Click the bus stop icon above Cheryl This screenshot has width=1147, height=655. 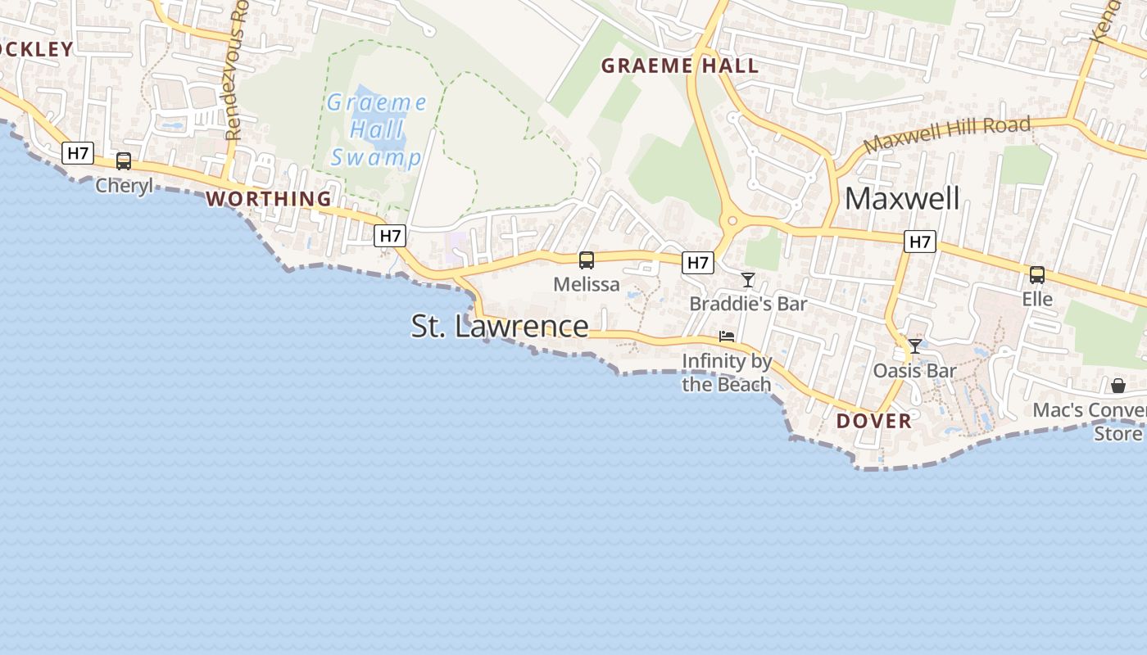tap(124, 161)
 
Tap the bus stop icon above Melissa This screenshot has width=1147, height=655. tap(587, 260)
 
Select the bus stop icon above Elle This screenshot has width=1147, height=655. tap(1037, 275)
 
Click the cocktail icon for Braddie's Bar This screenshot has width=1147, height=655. tap(748, 280)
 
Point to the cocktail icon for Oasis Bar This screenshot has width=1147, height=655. tap(915, 346)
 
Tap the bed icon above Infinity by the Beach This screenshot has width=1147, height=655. tap(727, 337)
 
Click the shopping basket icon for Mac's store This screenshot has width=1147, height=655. tap(1118, 386)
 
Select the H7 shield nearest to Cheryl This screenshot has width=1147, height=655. tap(79, 152)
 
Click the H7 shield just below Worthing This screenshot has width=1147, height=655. tap(390, 236)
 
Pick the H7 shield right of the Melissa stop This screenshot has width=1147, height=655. tap(698, 262)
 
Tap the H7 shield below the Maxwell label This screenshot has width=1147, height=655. tap(920, 242)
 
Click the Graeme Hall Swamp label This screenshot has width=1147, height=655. tap(376, 130)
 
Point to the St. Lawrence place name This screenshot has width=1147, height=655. tap(500, 326)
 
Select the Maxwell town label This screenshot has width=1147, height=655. tap(902, 198)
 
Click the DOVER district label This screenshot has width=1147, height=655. tap(874, 421)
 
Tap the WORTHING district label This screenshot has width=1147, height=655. tap(269, 199)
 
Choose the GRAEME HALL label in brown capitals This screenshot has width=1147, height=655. tap(680, 66)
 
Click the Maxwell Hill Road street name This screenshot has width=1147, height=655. tap(947, 135)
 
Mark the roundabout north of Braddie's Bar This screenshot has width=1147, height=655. tap(729, 220)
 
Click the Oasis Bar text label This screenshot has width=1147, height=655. tap(915, 371)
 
